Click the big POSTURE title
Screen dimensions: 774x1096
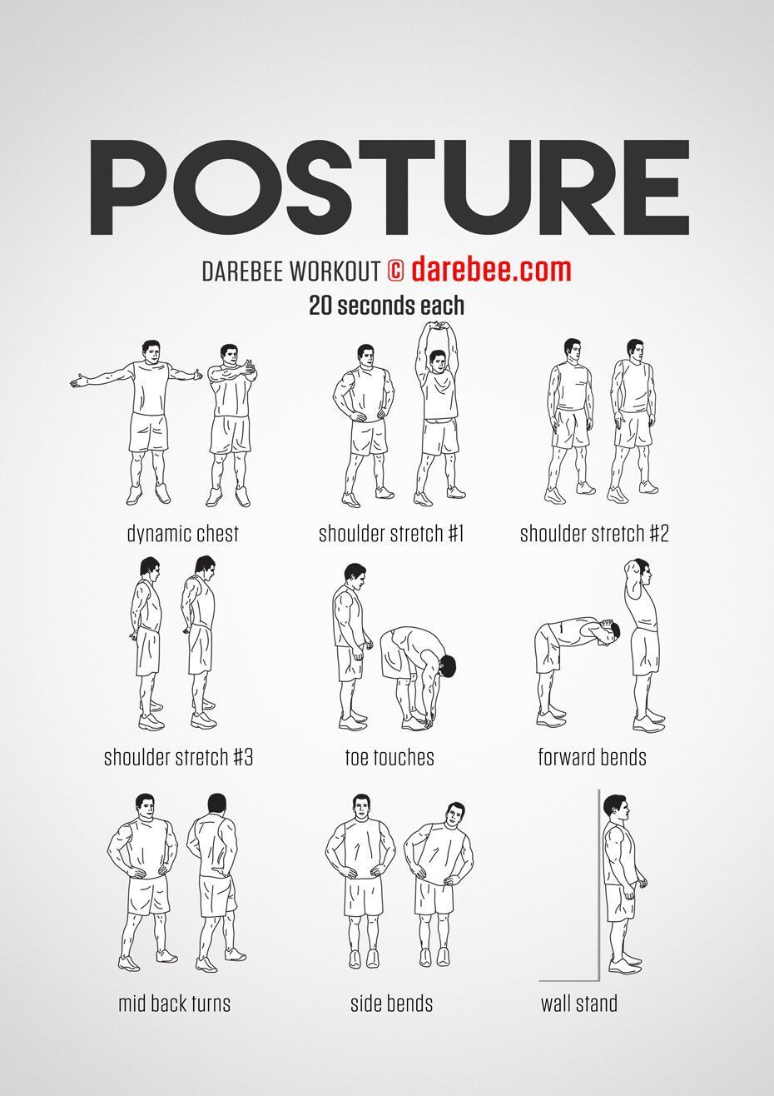(389, 187)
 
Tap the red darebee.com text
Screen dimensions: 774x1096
(491, 269)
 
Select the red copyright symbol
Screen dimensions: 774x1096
(396, 270)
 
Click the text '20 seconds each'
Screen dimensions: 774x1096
(386, 306)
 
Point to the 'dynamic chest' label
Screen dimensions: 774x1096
(182, 533)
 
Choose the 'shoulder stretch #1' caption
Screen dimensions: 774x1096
(390, 533)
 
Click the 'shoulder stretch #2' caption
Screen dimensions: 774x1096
(593, 533)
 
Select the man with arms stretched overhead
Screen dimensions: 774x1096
(439, 413)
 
